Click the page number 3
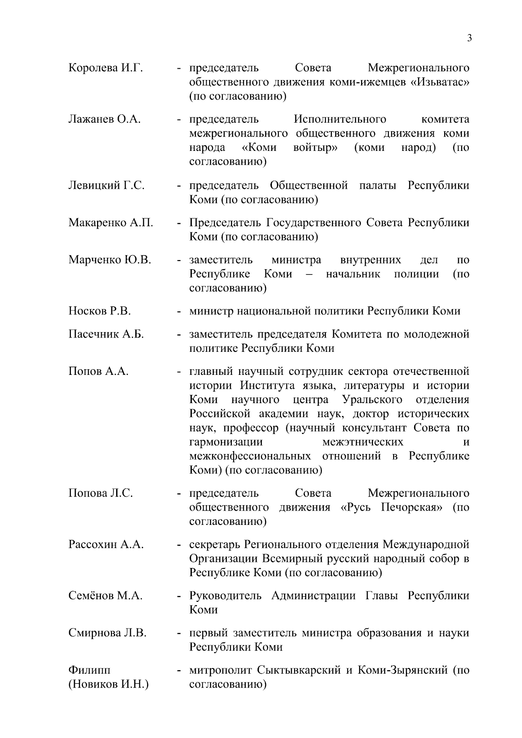[469, 38]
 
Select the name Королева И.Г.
[106, 68]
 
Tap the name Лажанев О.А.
[104, 119]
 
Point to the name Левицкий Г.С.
[107, 186]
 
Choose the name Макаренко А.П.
[111, 223]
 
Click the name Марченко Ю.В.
[110, 260]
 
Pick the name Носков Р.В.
[100, 311]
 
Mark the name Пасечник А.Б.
[106, 334]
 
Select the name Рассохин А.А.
[106, 544]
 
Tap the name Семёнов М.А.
[105, 596]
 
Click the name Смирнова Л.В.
[107, 633]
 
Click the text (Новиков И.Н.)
[109, 685]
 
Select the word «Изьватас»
[440, 82]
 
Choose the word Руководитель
[225, 596]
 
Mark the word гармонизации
[226, 442]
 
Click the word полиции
[416, 274]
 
